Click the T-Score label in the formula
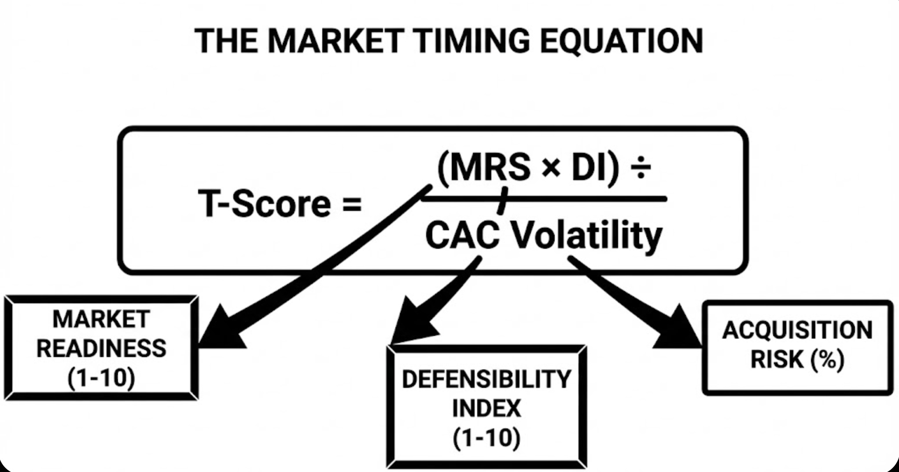[264, 203]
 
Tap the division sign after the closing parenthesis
[641, 169]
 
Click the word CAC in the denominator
[462, 236]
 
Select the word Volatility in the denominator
[586, 236]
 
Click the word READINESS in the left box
[101, 349]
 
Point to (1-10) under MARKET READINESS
[101, 378]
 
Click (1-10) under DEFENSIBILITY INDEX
[486, 438]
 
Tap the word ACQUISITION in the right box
[797, 330]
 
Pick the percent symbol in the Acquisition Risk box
[828, 360]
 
